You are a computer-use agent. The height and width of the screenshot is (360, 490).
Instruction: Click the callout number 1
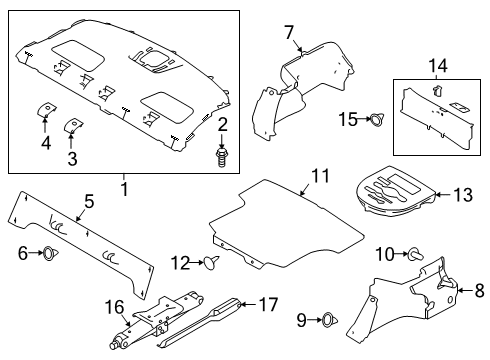pos(124,187)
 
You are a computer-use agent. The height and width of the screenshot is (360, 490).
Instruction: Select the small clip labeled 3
pos(72,125)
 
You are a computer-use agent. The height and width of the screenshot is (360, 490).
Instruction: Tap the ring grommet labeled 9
pos(326,321)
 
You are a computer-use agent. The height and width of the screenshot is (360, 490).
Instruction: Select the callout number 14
pos(437,65)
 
